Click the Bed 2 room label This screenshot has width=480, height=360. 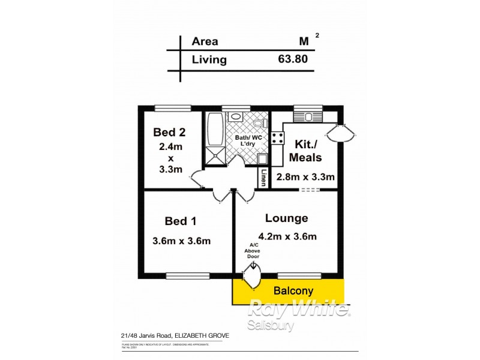tap(169, 132)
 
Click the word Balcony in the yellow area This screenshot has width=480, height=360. tap(291, 290)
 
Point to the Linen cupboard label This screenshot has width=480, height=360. tap(263, 177)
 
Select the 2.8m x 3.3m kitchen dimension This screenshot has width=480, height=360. tap(305, 177)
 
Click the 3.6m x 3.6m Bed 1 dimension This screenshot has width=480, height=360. tap(182, 241)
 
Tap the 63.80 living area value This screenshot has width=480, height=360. tap(293, 59)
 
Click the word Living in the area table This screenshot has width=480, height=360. tap(209, 59)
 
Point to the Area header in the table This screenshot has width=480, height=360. tap(205, 41)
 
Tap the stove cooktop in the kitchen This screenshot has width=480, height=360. tap(278, 138)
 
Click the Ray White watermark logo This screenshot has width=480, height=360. tap(299, 310)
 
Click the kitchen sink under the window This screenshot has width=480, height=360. tap(308, 116)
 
